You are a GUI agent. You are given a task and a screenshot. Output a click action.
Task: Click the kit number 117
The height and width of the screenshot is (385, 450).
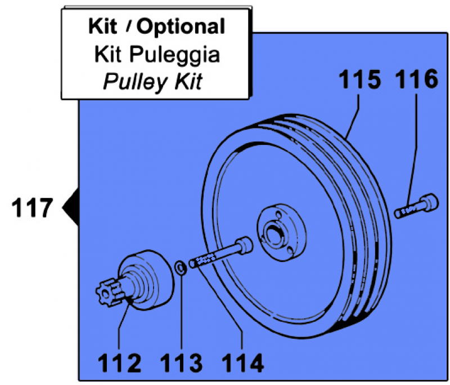click(x=31, y=208)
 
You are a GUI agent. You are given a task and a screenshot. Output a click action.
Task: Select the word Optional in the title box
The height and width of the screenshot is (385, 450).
click(x=181, y=26)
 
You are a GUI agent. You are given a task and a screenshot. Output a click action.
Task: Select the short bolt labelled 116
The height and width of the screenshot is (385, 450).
click(x=417, y=206)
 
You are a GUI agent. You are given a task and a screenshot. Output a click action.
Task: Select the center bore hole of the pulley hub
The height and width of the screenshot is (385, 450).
click(x=275, y=229)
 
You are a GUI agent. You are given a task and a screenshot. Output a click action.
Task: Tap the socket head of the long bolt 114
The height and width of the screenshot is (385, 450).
click(x=245, y=245)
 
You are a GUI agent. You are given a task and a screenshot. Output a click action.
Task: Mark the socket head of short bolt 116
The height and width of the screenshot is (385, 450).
click(x=430, y=201)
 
